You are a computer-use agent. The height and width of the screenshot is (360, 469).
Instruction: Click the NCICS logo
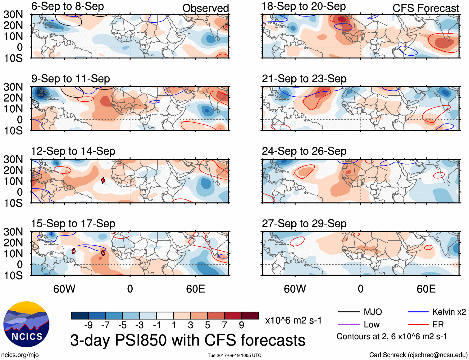click(x=26, y=325)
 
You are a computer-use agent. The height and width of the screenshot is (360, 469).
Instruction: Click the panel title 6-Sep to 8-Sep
click(x=67, y=6)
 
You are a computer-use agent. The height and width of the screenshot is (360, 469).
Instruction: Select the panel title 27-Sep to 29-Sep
click(x=304, y=223)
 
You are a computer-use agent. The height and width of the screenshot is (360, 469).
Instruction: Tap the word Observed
click(x=205, y=8)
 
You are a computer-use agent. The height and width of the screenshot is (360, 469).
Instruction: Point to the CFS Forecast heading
click(x=426, y=8)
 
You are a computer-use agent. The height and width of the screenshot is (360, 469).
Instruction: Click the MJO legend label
click(x=373, y=312)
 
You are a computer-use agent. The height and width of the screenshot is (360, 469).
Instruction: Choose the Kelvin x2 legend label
click(x=449, y=312)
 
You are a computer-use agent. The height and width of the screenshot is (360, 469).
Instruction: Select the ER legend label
click(x=438, y=325)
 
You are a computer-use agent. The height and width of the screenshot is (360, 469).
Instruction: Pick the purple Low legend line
click(x=348, y=325)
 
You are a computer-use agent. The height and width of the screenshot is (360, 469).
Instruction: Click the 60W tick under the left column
click(x=64, y=289)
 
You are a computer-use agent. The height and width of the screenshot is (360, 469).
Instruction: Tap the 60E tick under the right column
click(x=426, y=289)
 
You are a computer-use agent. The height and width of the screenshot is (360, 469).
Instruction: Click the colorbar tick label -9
click(x=89, y=325)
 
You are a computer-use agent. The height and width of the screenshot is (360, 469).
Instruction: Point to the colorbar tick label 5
click(x=207, y=325)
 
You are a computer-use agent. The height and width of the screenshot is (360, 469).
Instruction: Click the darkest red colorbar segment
click(x=250, y=316)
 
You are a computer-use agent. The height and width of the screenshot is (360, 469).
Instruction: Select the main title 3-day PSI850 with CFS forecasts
click(x=188, y=340)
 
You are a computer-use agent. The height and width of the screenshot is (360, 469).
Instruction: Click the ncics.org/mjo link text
click(x=20, y=355)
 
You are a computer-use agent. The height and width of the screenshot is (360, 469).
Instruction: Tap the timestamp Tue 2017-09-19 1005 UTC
click(x=234, y=355)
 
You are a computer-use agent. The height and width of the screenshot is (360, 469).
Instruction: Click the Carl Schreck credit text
click(x=418, y=355)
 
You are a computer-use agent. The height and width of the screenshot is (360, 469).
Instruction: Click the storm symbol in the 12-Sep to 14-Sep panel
click(x=103, y=180)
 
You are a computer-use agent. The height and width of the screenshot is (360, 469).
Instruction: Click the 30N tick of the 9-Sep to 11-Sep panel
click(x=13, y=87)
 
